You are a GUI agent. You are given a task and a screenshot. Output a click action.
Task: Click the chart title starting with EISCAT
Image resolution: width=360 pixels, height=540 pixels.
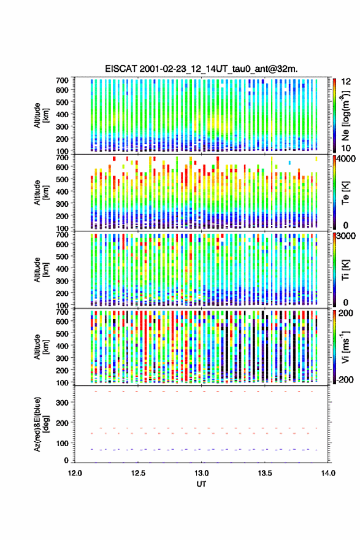pos(201,69)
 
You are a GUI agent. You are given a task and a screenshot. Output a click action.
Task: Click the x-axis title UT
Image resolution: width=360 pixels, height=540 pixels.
pos(201,484)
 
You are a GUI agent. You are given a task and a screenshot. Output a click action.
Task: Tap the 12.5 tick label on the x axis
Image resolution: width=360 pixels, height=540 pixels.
pos(138,473)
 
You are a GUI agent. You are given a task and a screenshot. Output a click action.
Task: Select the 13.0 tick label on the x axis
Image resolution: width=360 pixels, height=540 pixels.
pos(201,473)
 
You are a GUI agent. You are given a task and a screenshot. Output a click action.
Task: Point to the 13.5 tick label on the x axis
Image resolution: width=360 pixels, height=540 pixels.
pos(265,473)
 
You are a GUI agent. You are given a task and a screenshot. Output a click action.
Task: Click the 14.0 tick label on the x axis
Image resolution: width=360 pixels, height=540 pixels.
pos(328,473)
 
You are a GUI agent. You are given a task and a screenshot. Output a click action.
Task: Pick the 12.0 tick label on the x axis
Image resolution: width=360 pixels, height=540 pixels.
pos(75,473)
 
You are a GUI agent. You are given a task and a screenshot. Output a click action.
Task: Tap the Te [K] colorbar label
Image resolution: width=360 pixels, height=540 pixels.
pos(345,193)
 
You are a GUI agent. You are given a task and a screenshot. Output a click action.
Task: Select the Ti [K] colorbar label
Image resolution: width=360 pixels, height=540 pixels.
pos(345,270)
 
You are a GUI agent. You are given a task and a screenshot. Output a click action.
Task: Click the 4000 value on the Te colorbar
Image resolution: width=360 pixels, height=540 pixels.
pos(346,159)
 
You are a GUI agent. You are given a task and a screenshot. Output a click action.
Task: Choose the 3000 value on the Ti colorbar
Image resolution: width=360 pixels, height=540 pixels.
pos(346,236)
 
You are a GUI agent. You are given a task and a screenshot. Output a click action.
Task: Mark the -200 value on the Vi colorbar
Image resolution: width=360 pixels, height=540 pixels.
pos(345,380)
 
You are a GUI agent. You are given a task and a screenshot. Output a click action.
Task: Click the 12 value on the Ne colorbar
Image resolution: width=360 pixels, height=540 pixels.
pos(346,82)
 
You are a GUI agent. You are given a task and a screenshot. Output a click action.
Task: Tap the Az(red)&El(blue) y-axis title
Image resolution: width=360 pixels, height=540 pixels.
pos(41,424)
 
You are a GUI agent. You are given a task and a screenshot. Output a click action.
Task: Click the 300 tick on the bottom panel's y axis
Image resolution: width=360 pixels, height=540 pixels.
pos(63,403)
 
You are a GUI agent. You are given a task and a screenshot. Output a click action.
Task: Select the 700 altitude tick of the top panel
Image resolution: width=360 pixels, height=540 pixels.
pos(63,80)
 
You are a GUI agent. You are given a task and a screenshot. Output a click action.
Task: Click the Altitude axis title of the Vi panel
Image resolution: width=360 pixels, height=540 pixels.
pos(41,347)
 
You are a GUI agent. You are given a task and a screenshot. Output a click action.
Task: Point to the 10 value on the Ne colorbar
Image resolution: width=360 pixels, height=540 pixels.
pos(346,148)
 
